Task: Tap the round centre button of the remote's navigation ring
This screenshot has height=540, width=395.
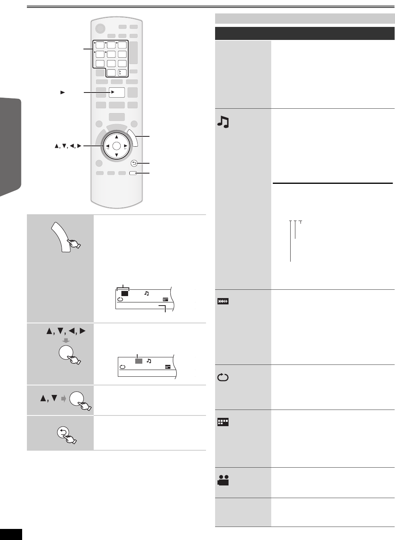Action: [116, 146]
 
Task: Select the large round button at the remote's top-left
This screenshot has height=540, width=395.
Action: [100, 28]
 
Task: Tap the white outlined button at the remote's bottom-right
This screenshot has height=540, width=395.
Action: [133, 173]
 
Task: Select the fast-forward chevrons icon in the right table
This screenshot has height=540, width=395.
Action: [223, 302]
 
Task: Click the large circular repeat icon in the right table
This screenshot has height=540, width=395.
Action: [223, 377]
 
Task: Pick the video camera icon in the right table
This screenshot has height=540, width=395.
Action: [223, 481]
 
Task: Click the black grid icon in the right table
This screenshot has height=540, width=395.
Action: [223, 423]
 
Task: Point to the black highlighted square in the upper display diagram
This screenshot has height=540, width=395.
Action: [125, 293]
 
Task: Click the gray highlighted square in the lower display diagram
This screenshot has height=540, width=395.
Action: [138, 361]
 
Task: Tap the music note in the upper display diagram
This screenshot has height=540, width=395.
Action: [147, 293]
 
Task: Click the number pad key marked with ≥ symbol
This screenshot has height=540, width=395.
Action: [122, 72]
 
